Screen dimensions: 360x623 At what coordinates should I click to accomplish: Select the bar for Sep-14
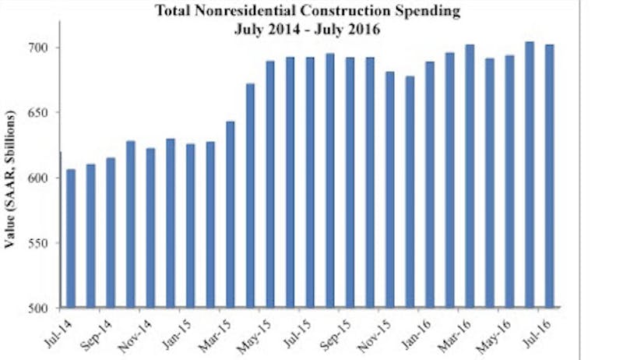point(111,233)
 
